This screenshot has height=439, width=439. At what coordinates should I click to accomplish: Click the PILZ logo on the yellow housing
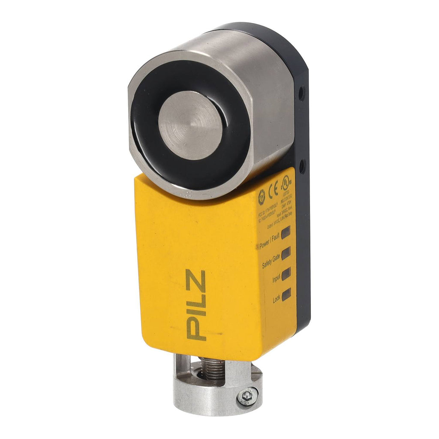[196, 305]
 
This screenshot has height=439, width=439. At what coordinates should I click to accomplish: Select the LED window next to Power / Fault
[286, 232]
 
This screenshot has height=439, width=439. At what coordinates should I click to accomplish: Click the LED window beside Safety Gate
[286, 252]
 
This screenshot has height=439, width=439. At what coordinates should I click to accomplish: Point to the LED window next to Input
[286, 273]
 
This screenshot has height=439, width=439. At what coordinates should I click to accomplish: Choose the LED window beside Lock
[286, 294]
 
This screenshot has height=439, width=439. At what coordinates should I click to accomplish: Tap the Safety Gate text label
[271, 262]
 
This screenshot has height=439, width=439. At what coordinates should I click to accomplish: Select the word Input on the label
[276, 280]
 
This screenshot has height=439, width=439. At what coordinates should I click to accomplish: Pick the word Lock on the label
[277, 300]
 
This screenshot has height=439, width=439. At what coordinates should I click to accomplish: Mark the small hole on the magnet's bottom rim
[187, 195]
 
